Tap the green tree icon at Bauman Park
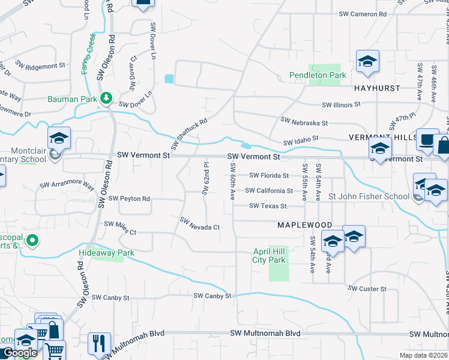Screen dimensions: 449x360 pyautogui.click(x=106, y=97)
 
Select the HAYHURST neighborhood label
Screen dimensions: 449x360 pyautogui.click(x=377, y=88)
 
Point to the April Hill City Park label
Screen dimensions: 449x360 pyautogui.click(x=269, y=256)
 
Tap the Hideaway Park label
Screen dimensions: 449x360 pyautogui.click(x=106, y=253)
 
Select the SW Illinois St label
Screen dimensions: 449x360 pyautogui.click(x=341, y=104)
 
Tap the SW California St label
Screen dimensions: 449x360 pyautogui.click(x=269, y=191)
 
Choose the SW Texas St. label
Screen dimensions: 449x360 pyautogui.click(x=269, y=206)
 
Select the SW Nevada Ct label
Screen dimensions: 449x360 pyautogui.click(x=200, y=223)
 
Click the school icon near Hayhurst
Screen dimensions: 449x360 pyautogui.click(x=367, y=61)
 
